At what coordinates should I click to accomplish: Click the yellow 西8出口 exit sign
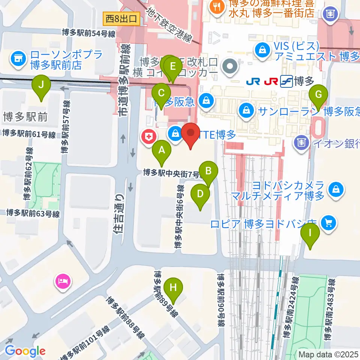(122, 18)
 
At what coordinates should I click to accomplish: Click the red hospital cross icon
(148, 136)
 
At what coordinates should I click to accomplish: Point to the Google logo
(25, 351)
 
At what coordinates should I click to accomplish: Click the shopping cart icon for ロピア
(329, 223)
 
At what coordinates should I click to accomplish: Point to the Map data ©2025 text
(328, 354)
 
